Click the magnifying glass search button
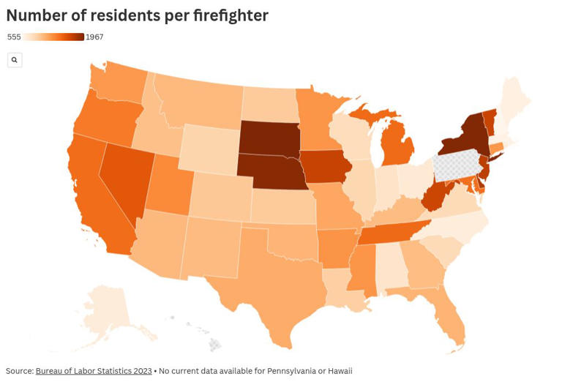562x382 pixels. tap(15, 60)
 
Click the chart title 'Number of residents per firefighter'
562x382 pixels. tap(137, 15)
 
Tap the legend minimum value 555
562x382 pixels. tap(14, 37)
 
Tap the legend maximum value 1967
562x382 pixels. tap(94, 37)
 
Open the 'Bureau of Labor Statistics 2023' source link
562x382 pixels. tap(94, 371)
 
